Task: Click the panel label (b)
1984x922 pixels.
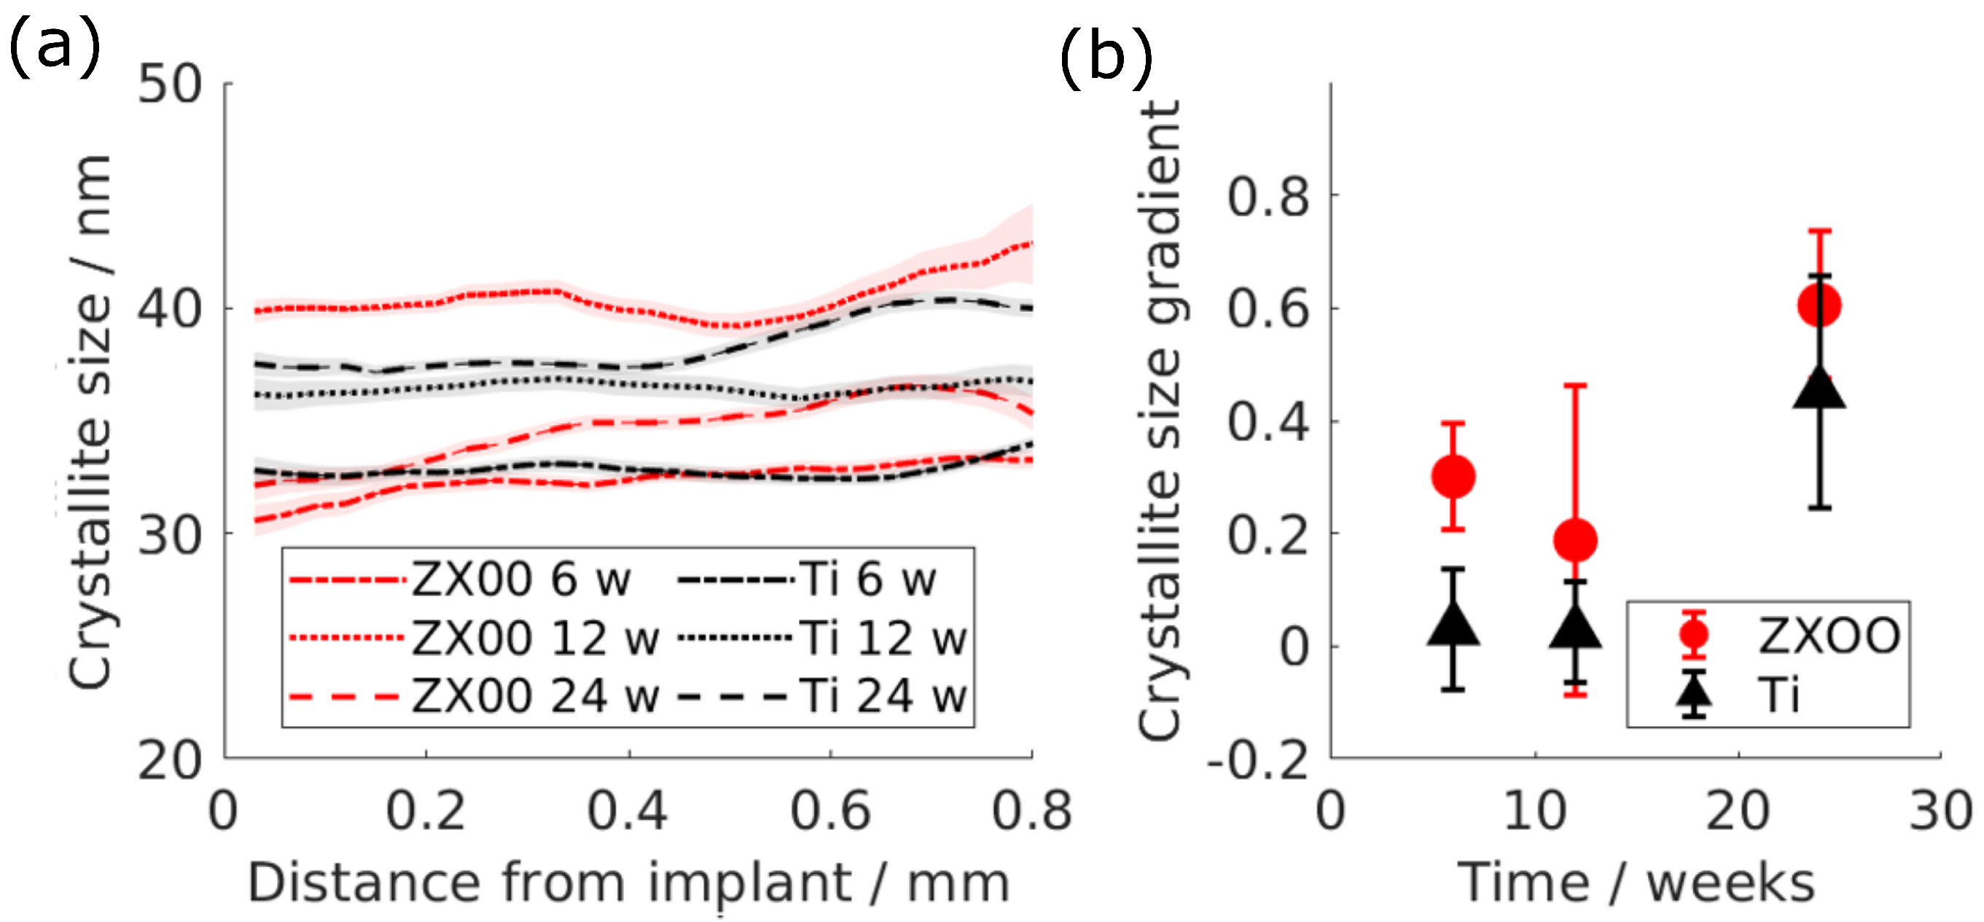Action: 1106,58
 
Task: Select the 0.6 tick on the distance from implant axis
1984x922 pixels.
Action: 830,811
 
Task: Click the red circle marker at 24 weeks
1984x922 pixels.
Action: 1819,305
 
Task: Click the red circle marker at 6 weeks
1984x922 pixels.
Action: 1453,476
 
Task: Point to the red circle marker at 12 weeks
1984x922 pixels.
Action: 1575,539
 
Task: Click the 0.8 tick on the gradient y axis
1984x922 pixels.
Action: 1268,195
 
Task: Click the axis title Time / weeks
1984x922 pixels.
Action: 1636,883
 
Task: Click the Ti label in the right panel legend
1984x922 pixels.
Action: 1778,695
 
